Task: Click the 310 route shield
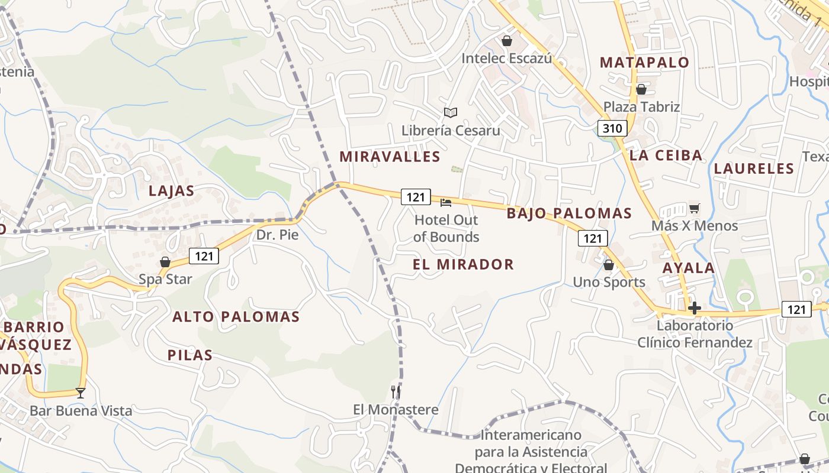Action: pos(612,128)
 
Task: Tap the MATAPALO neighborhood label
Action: pos(645,62)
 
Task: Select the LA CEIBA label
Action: pos(666,155)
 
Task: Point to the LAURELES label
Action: pos(754,169)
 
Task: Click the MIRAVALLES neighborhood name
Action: pos(390,157)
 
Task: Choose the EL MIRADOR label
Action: pos(464,264)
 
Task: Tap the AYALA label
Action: pos(689,268)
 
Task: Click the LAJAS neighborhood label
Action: pos(172,191)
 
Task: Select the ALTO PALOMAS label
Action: pos(236,317)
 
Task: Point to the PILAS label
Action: pos(189,355)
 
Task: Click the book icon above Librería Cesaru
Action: pos(451,112)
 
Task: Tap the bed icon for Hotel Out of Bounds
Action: pos(446,203)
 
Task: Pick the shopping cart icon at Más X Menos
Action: pos(694,208)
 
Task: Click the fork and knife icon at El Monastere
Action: pos(396,392)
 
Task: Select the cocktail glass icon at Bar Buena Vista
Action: pos(81,393)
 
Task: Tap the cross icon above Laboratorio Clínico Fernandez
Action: pos(695,308)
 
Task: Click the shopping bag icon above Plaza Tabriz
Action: pos(641,89)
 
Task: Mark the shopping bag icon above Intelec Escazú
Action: pos(506,41)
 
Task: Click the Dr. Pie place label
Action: pos(277,235)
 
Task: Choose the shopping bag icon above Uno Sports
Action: pos(608,265)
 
